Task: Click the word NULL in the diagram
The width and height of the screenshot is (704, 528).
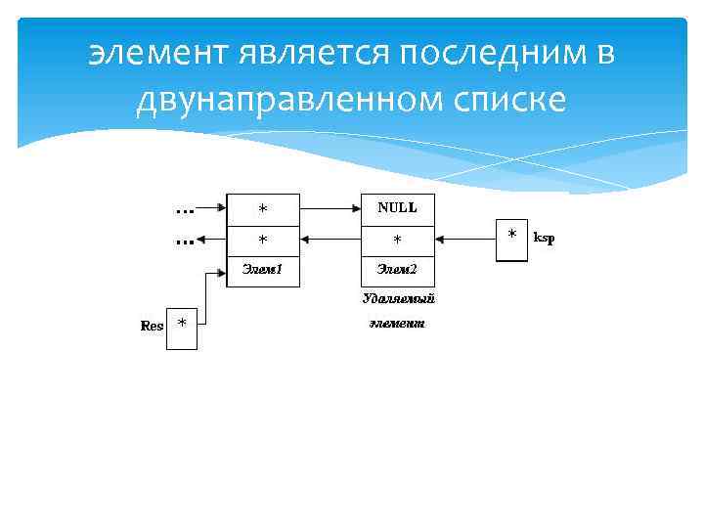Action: pos(397,207)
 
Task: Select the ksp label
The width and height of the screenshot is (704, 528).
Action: pos(544,238)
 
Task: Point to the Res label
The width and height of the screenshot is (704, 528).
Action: pos(153,326)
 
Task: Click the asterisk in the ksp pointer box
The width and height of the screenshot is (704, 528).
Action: pos(512,237)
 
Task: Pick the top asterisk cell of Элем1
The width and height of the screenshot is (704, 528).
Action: pos(262,208)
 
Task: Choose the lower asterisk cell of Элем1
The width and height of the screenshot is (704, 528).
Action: pos(262,239)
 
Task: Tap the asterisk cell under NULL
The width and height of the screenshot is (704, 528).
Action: pos(397,239)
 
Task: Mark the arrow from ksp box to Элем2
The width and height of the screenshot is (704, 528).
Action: pos(464,238)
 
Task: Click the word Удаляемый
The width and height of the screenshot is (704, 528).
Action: pos(398,297)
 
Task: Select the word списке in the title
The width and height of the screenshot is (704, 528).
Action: pos(513,99)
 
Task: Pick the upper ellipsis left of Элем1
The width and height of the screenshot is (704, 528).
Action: pos(183,208)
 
